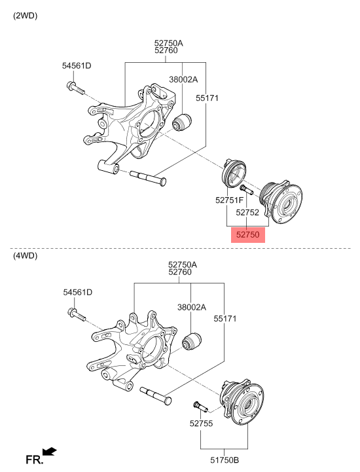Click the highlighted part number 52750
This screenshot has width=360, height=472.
click(247, 235)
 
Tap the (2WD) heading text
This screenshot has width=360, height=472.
click(26, 16)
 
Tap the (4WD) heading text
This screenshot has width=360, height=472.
click(26, 256)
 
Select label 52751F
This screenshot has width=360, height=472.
click(229, 200)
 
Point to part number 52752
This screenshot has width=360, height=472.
click(247, 213)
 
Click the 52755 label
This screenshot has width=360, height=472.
click(202, 424)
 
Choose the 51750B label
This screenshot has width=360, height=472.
click(225, 460)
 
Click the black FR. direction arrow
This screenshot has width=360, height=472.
click(49, 451)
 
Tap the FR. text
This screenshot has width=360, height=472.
click(34, 460)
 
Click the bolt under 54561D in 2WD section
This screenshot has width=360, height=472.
click(75, 88)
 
